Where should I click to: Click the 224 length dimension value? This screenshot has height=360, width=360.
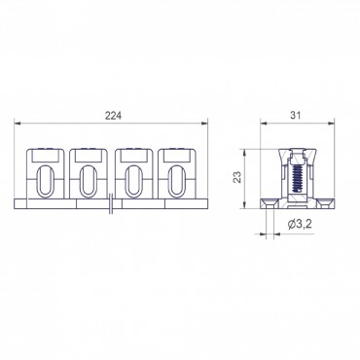point(113,116)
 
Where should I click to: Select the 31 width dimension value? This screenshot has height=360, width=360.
point(296,115)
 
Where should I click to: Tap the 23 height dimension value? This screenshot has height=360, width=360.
point(238,177)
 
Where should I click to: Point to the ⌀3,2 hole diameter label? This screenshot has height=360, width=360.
point(300,223)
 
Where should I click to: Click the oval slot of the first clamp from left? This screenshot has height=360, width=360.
point(45,181)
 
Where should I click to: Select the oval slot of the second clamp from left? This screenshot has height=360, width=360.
point(89,181)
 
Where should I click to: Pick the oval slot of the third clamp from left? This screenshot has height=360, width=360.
point(133,181)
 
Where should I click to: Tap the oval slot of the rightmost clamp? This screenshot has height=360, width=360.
point(176,181)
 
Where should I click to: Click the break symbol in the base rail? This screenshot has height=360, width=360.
point(111,203)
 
